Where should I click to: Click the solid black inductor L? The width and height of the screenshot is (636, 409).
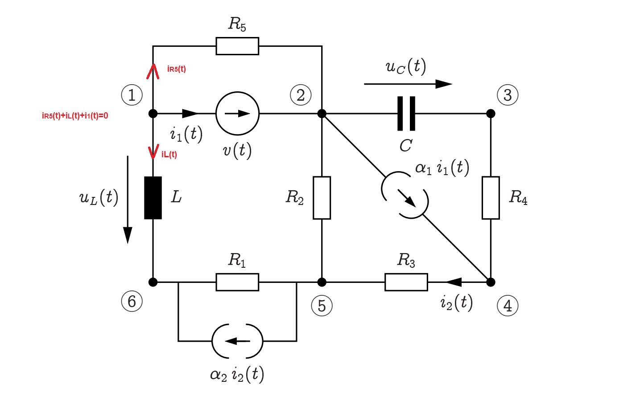[x=153, y=198]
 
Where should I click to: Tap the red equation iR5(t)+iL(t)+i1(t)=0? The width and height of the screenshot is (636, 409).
[x=75, y=116]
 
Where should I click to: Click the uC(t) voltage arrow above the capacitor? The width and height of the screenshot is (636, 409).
[x=408, y=84]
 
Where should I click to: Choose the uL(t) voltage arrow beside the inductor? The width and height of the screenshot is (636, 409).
[x=128, y=200]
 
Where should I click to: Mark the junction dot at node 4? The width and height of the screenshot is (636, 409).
[x=491, y=282]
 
